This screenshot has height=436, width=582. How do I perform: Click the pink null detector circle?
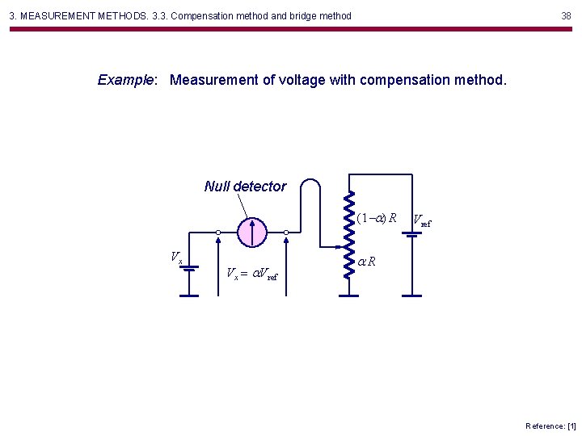(252, 232)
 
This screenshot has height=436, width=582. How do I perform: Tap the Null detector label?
(245, 187)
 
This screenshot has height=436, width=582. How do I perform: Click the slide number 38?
(566, 15)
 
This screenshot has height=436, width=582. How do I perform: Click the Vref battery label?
(422, 220)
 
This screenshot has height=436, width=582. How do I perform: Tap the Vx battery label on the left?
(176, 258)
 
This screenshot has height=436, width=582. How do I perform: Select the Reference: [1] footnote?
(550, 426)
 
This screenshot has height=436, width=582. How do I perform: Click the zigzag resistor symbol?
(348, 234)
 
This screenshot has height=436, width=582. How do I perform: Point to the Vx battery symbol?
(189, 268)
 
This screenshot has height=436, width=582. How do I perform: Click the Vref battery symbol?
(411, 234)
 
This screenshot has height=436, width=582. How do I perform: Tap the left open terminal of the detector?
(218, 233)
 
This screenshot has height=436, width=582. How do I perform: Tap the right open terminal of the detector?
(286, 233)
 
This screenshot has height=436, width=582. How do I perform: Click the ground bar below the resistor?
(348, 296)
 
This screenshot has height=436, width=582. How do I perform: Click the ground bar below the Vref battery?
(411, 296)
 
